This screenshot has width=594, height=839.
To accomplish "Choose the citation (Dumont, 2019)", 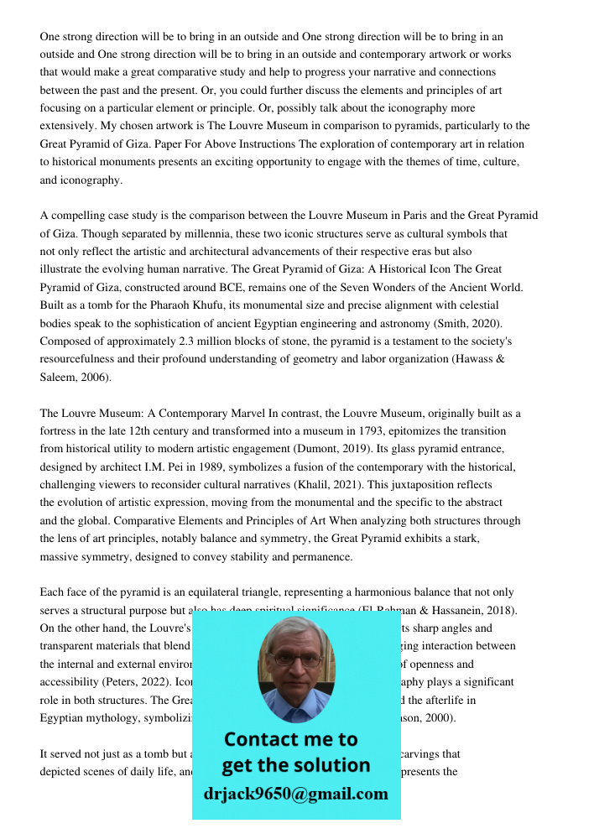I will tap(332, 449).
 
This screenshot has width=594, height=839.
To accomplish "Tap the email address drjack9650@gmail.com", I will tap(295, 794).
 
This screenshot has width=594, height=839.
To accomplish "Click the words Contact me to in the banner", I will tap(290, 739).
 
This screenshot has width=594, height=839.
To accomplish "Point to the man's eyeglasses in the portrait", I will tap(296, 659).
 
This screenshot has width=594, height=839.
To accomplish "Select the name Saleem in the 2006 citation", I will tap(58, 378).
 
